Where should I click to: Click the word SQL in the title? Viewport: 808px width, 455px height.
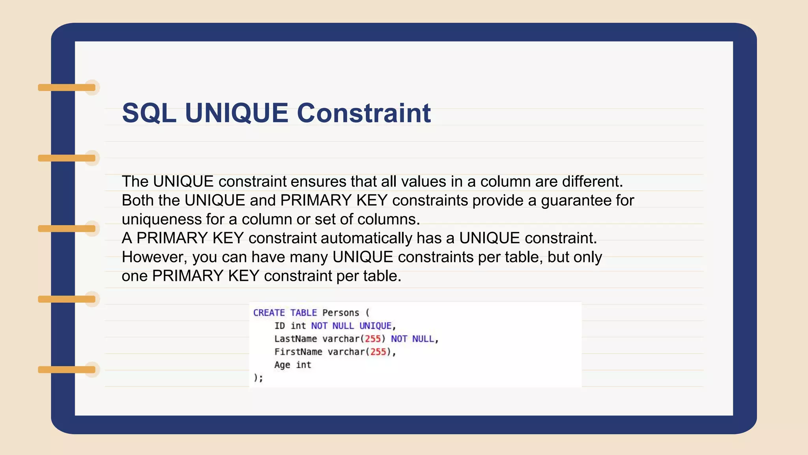[x=149, y=113]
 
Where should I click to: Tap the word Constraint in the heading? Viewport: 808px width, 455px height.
[x=363, y=113]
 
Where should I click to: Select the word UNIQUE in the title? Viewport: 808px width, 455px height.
[x=236, y=113]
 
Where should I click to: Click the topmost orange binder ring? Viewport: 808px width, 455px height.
[x=67, y=87]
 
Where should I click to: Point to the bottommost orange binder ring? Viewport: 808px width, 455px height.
[x=67, y=370]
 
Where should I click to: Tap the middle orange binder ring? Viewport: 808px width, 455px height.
[x=67, y=229]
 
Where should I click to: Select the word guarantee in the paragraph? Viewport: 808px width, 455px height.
[x=576, y=201]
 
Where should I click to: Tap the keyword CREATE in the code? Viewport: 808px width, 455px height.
[x=269, y=313]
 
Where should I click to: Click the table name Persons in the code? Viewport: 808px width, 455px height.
[x=340, y=313]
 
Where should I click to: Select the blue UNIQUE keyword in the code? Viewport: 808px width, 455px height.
[x=375, y=326]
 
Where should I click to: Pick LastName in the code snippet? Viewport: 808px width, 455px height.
[x=296, y=339]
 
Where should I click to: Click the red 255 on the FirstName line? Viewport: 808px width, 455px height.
[x=378, y=352]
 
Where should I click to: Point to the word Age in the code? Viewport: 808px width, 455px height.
[x=282, y=365]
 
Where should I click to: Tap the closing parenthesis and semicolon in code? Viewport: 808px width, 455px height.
[x=258, y=378]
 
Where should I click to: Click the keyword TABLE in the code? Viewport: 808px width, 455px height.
[x=303, y=313]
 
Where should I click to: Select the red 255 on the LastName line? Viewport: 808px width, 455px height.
[x=372, y=339]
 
